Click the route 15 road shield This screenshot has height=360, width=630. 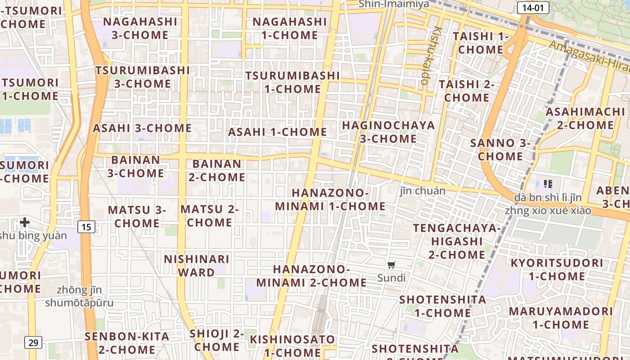(86, 227)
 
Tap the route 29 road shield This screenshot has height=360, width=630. (33, 342)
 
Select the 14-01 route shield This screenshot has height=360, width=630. (533, 7)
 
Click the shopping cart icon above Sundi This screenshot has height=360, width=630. (391, 265)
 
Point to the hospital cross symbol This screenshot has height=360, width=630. (25, 222)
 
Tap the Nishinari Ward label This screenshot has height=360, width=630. (197, 265)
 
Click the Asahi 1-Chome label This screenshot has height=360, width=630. (277, 132)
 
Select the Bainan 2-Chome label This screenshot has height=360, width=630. (217, 171)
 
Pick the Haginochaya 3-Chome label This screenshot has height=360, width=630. (388, 132)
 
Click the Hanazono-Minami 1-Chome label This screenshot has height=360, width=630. (330, 199)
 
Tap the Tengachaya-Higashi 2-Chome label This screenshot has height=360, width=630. (457, 241)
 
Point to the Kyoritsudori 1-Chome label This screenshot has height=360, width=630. (557, 269)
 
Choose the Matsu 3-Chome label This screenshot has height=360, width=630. (137, 216)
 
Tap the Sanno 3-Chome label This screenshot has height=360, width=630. (500, 150)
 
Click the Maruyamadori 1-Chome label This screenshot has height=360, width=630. (561, 318)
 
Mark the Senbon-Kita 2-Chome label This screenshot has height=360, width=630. (127, 343)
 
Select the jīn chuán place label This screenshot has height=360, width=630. (423, 191)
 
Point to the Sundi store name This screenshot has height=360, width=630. (391, 278)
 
